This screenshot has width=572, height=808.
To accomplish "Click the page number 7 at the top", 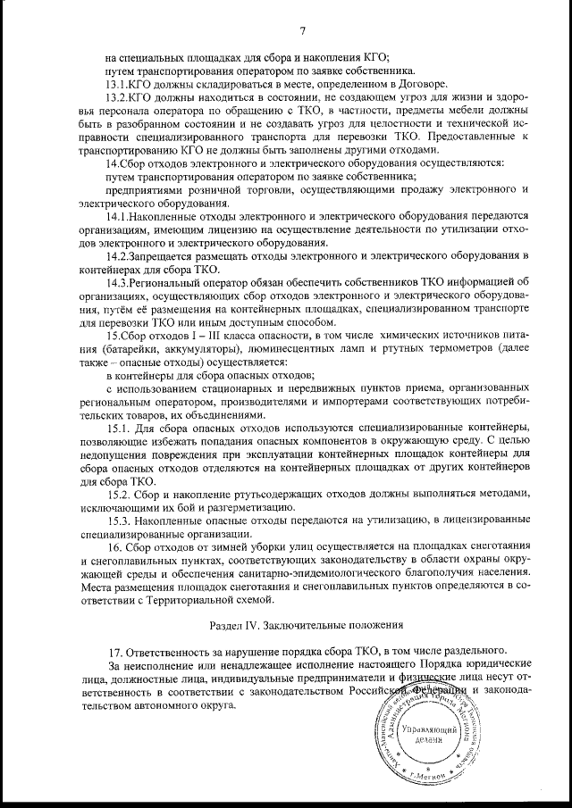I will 303,33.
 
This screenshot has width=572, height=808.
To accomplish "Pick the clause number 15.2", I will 120,494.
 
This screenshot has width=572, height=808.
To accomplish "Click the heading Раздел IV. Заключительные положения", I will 304,623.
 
